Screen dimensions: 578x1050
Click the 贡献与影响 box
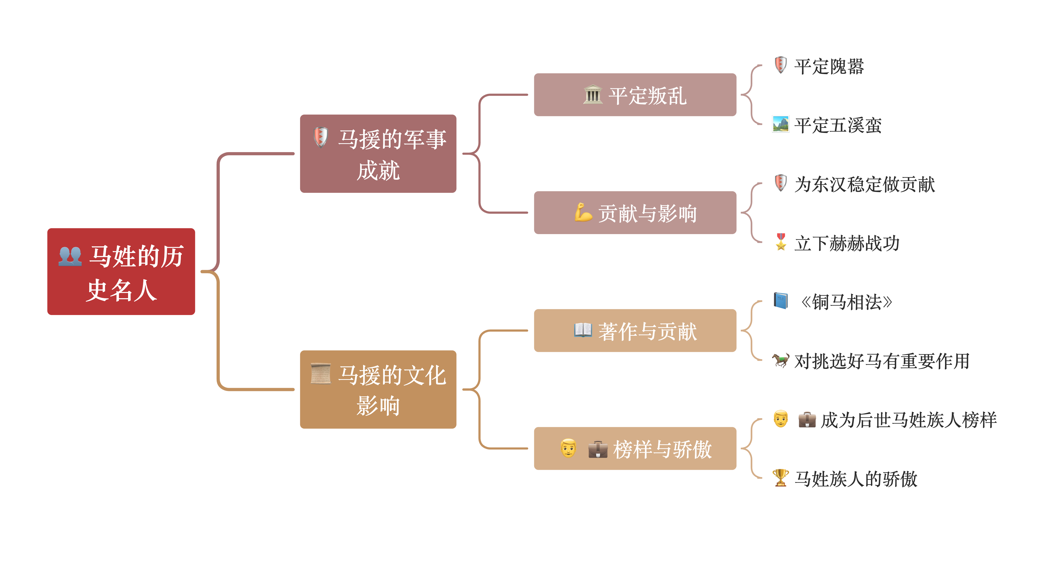tap(635, 213)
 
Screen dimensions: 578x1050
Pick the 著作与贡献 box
tap(635, 331)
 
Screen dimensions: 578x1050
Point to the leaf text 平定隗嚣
tap(829, 66)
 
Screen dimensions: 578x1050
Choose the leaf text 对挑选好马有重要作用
tap(882, 361)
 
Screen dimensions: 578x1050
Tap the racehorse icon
tap(780, 360)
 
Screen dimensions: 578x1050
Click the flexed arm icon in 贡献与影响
tap(583, 213)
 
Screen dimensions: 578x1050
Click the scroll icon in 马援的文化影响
tap(320, 374)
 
